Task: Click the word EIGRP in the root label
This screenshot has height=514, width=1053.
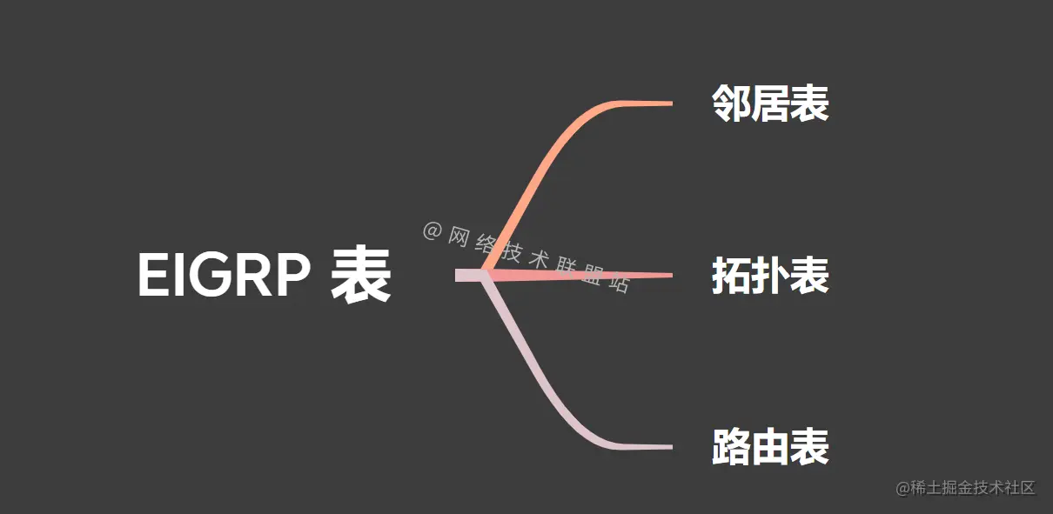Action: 225,277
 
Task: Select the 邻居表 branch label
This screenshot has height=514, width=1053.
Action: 770,103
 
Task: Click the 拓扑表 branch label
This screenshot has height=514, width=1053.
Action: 770,276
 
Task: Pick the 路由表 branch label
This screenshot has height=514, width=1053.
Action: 770,448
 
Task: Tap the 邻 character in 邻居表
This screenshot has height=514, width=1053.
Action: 731,103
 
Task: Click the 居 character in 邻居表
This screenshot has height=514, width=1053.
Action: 770,103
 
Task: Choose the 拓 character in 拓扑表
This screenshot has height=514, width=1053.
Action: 731,276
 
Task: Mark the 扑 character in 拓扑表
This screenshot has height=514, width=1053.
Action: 770,276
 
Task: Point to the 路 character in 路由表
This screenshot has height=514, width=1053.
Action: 731,448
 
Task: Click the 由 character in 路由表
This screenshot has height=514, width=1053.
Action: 770,448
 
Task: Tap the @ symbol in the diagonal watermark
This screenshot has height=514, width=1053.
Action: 433,230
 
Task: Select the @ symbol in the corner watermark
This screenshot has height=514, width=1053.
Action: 902,488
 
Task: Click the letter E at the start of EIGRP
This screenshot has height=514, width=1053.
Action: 151,277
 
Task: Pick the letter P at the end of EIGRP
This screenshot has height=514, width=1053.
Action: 293,277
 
